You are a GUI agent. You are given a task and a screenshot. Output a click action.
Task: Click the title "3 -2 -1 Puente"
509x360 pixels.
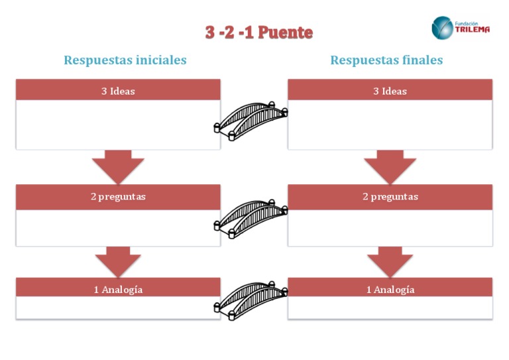coord(258,32)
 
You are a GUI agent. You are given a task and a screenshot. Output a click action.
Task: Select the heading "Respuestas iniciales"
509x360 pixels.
coord(125,60)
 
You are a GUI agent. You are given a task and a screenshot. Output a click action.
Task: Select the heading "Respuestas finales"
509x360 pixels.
coord(386,60)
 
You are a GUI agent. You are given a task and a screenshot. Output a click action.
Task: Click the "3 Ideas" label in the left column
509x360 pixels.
coord(118,91)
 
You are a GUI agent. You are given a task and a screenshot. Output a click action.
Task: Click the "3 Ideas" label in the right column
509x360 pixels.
coord(390,91)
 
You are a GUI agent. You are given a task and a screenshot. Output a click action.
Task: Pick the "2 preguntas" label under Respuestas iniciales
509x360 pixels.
coord(118,197)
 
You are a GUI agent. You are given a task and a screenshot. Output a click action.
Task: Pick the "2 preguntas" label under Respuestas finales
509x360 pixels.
coord(390,197)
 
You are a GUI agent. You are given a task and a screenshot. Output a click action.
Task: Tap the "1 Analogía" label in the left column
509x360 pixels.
coord(118,290)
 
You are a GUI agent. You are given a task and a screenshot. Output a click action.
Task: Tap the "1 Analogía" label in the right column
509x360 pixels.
coord(390,290)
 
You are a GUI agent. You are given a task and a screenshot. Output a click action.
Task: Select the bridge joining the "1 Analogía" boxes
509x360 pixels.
coord(253,296)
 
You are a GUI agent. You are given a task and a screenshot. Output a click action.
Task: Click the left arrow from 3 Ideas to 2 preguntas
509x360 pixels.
coord(118,166)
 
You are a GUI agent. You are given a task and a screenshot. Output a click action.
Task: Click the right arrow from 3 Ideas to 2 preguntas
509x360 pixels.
coord(390,166)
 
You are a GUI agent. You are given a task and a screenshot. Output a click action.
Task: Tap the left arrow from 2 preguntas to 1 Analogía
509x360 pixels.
coord(118,261)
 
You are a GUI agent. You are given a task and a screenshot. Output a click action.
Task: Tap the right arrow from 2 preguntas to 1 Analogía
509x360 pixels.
coord(390,261)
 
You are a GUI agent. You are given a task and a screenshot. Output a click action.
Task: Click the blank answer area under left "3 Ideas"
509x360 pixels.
coord(118,125)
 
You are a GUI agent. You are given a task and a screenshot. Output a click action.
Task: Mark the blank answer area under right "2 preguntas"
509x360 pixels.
coord(390,227)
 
